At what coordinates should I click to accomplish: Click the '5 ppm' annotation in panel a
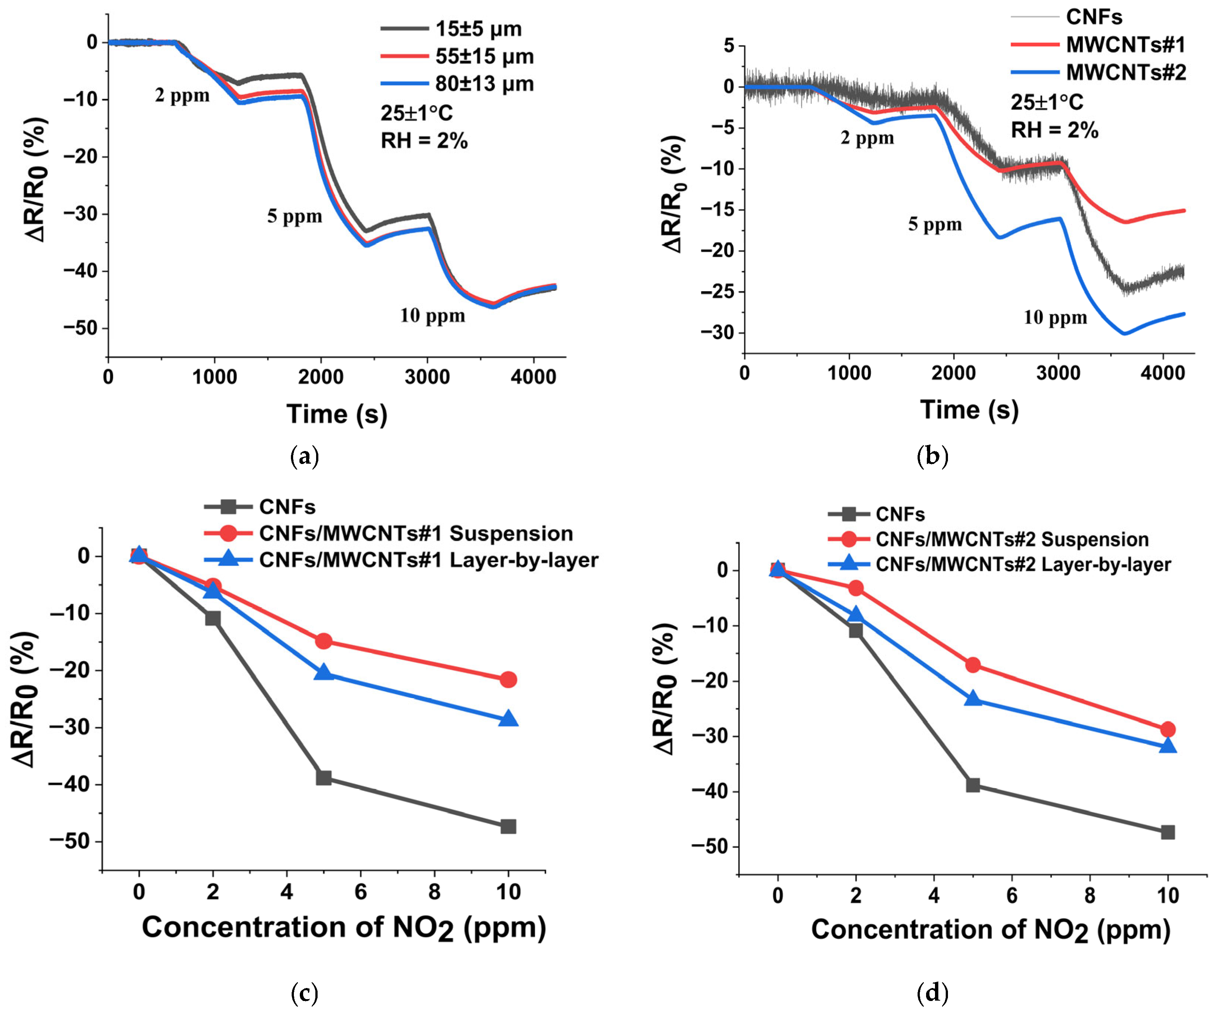(294, 216)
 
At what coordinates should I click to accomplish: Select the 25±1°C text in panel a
(417, 113)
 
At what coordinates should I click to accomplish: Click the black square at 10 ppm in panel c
(508, 826)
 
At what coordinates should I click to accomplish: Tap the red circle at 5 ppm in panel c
(324, 641)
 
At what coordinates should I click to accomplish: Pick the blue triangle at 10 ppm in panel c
(508, 719)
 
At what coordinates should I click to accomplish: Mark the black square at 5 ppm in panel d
(973, 786)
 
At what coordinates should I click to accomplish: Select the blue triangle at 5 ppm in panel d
(973, 699)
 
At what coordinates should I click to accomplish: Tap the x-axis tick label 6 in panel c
(361, 892)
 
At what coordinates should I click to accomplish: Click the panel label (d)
(932, 993)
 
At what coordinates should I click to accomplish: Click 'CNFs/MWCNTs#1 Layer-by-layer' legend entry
(429, 560)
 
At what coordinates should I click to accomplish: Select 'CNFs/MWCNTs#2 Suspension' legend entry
(1012, 539)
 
